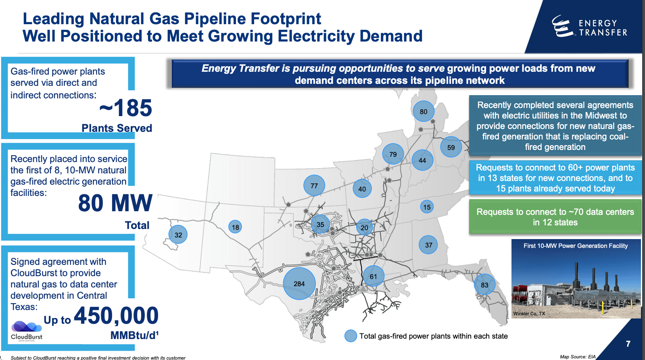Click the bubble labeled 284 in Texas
[x=299, y=284]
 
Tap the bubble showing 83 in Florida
[x=484, y=285]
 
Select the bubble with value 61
[x=373, y=276]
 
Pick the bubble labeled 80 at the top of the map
[x=424, y=112]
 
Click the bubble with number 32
[x=178, y=235]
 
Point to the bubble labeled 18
[x=235, y=227]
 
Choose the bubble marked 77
[x=314, y=185]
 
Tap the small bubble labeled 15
[x=427, y=207]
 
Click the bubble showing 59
[x=451, y=147]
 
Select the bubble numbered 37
[x=428, y=245]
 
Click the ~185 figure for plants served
[x=125, y=108]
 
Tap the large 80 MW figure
[x=115, y=203]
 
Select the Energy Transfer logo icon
[x=562, y=27]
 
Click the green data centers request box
[x=555, y=217]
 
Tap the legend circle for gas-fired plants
[x=351, y=336]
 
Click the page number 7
[x=628, y=344]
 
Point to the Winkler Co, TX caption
[x=529, y=314]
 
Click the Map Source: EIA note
[x=578, y=357]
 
